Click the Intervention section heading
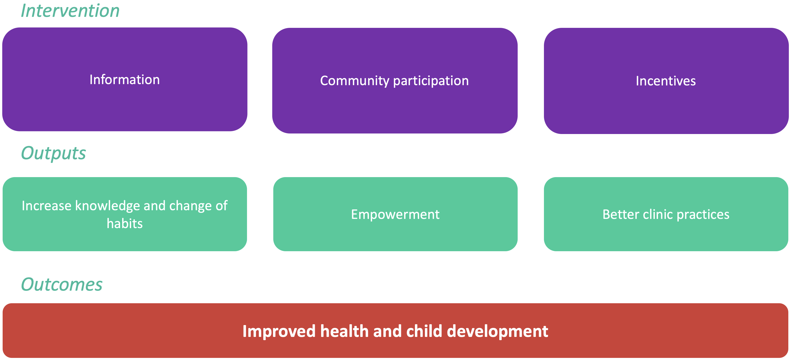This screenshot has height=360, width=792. (x=70, y=11)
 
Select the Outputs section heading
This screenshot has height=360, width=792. (x=54, y=153)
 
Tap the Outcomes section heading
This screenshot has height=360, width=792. (x=62, y=284)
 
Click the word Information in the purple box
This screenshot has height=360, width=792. (x=125, y=80)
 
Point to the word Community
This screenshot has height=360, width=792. (x=354, y=81)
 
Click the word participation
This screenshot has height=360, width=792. (x=431, y=81)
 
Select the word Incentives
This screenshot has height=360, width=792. (x=666, y=81)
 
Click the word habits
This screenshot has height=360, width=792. (x=125, y=224)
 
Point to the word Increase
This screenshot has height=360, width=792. (x=47, y=206)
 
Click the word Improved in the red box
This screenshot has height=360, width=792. (x=279, y=332)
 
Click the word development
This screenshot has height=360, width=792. (x=497, y=332)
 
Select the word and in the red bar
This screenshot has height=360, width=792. (x=387, y=331)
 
